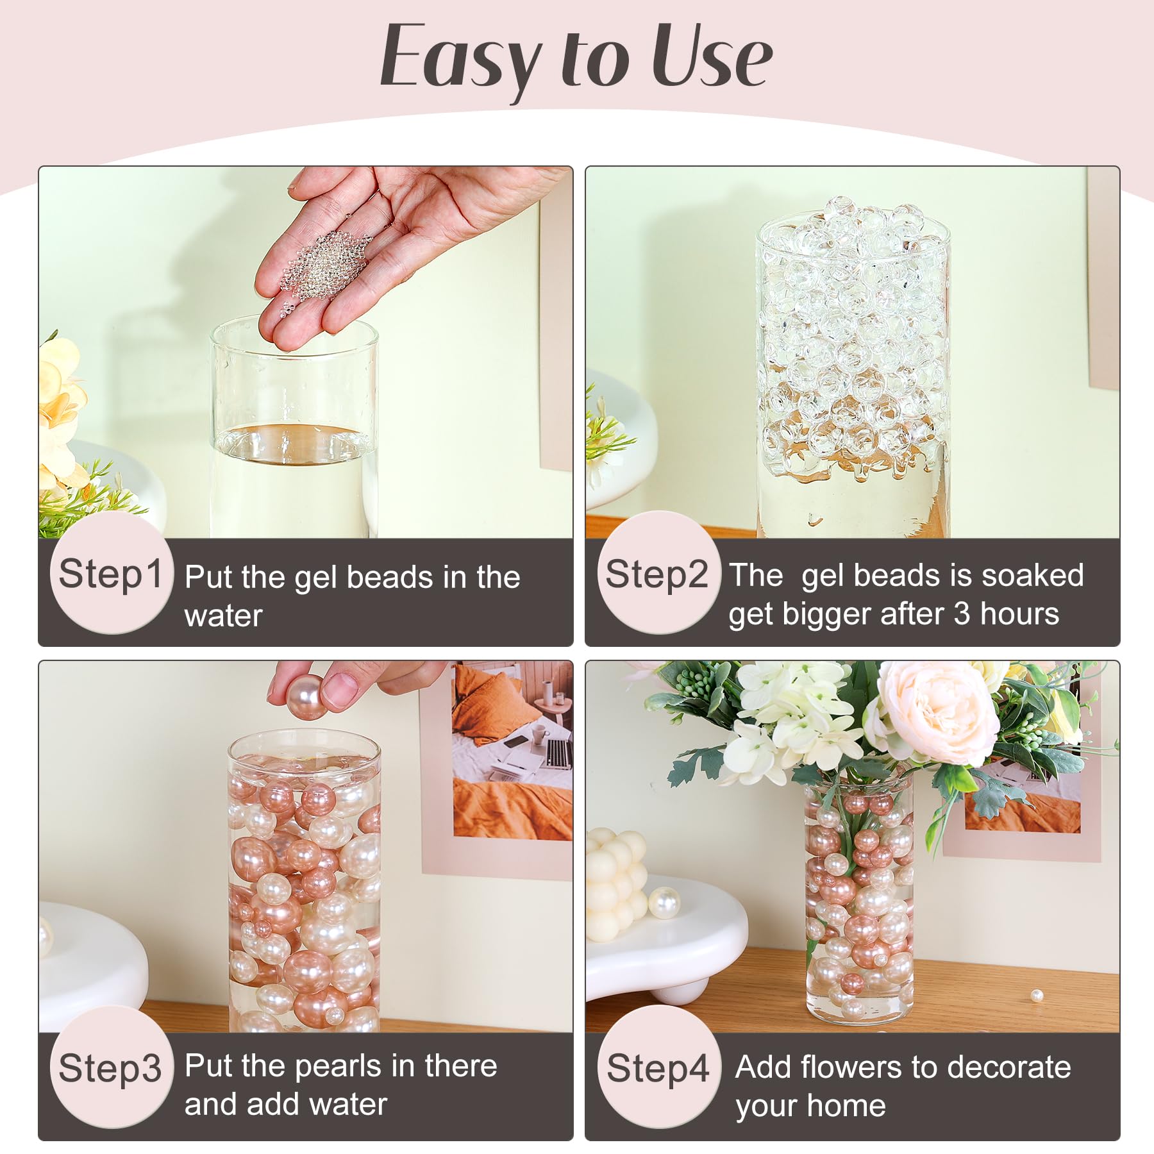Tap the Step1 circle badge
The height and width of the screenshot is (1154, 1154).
pyautogui.click(x=110, y=574)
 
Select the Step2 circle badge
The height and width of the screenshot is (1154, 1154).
pyautogui.click(x=657, y=574)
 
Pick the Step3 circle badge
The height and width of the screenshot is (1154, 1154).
pyautogui.click(x=110, y=1067)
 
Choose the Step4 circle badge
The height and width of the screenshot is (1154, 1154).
pyautogui.click(x=658, y=1067)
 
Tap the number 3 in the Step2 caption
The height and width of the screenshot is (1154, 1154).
pyautogui.click(x=961, y=614)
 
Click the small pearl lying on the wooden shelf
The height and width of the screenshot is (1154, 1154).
pyautogui.click(x=1037, y=996)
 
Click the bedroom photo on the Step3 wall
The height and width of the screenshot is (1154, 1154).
pyautogui.click(x=513, y=750)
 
